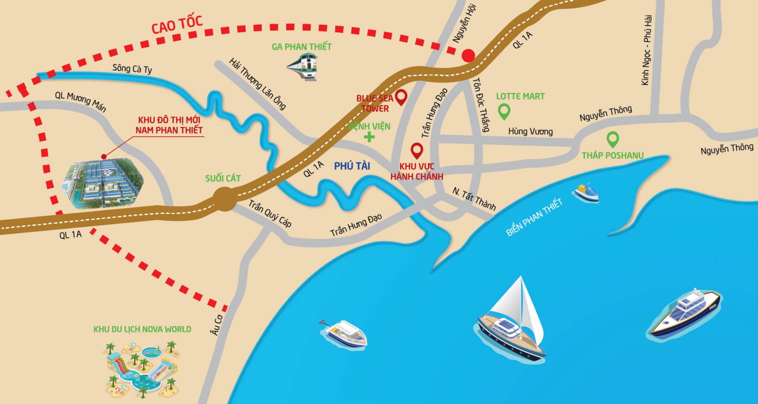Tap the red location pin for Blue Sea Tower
401,96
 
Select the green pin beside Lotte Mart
503,111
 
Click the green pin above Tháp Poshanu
612,138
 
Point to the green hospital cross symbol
370,137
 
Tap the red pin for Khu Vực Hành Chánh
417,149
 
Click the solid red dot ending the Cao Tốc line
469,55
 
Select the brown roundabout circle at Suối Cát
224,199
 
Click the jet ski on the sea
586,192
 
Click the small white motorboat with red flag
345,332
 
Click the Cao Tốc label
177,24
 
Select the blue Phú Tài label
352,165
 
